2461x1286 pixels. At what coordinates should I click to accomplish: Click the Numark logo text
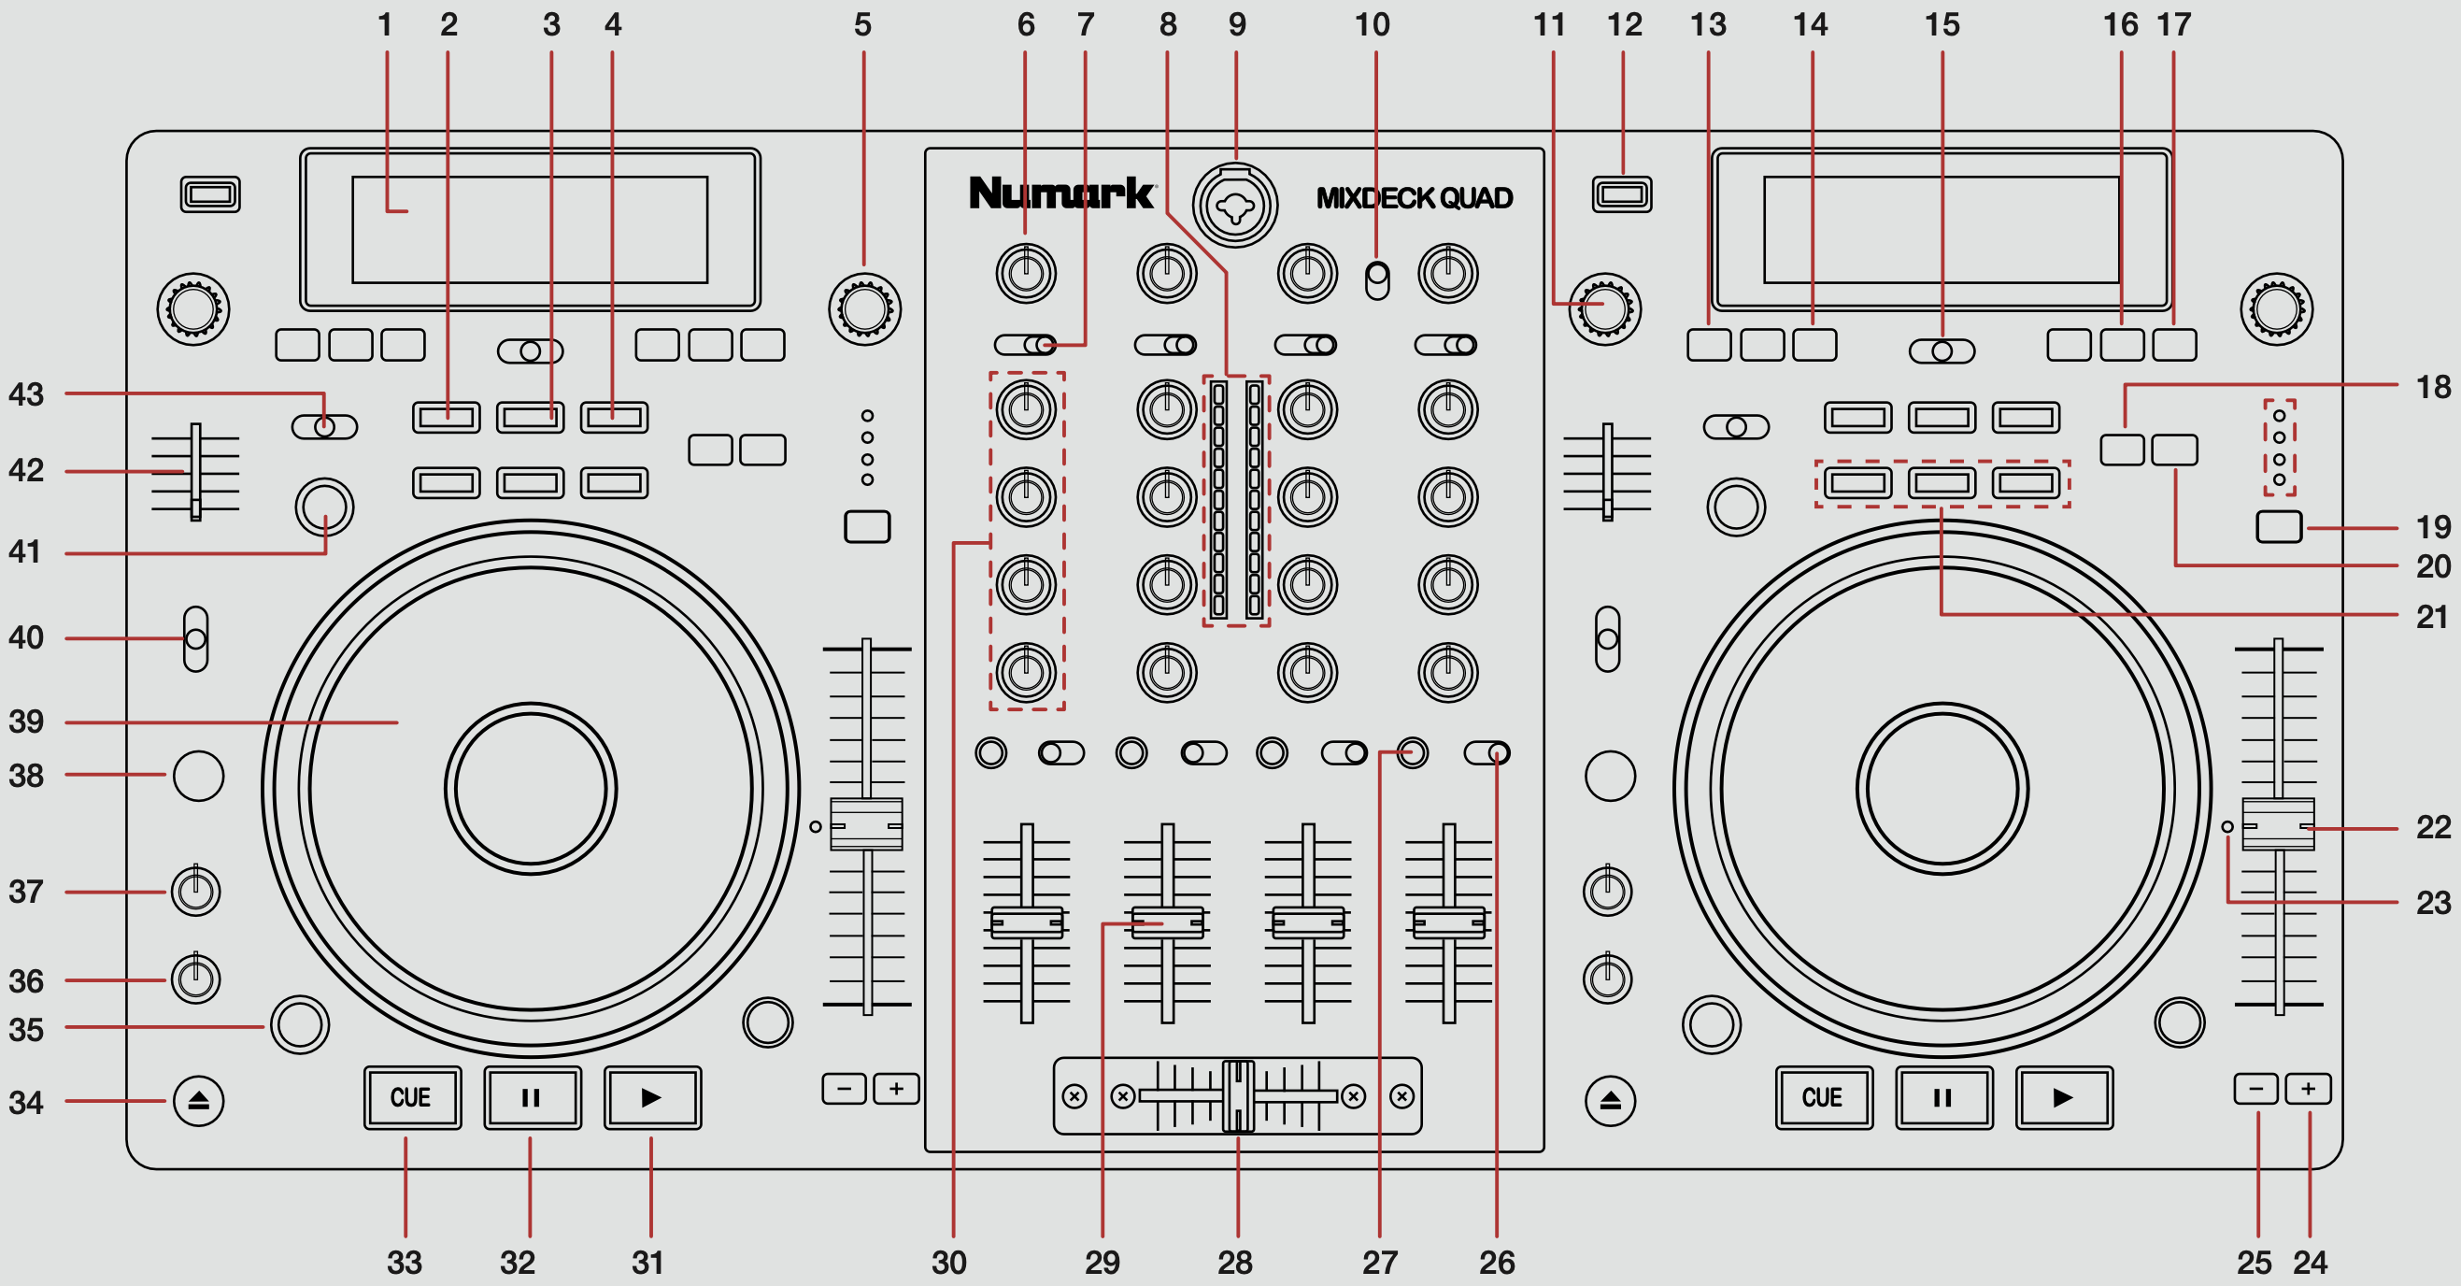point(1061,193)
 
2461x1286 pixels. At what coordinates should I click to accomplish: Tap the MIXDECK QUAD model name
point(1414,198)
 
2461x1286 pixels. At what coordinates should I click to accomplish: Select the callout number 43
point(26,393)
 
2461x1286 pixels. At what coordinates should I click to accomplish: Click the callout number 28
point(1234,1262)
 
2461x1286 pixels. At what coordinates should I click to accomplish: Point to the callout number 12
point(1624,25)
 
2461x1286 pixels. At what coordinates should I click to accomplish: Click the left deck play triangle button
point(652,1098)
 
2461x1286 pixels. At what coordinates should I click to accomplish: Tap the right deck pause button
point(1943,1098)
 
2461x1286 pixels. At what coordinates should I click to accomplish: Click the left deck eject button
point(199,1101)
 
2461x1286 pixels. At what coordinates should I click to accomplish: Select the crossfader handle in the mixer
point(1238,1095)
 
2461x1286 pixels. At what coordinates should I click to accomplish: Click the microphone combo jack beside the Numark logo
point(1234,205)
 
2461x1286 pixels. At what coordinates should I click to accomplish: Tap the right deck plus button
point(2307,1088)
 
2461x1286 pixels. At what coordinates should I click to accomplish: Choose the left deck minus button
point(844,1088)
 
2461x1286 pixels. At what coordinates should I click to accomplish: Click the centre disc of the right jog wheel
point(1942,788)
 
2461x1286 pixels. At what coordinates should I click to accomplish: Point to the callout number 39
point(26,722)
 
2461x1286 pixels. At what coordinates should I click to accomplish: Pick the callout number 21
point(2432,616)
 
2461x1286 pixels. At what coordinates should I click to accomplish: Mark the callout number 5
point(862,25)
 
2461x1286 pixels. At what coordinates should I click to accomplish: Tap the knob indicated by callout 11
point(1605,308)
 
